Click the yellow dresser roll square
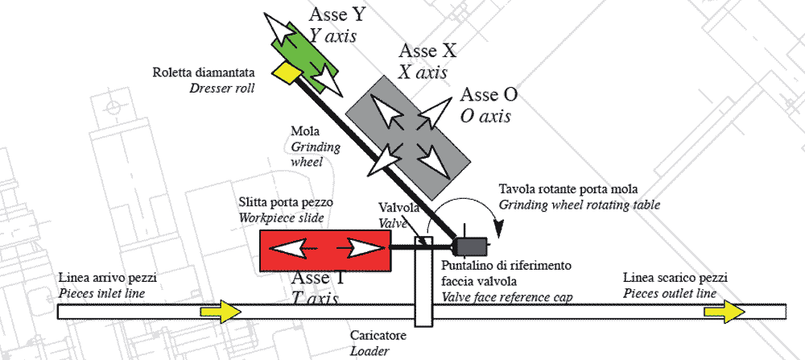tap(286, 72)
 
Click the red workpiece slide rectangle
tap(325, 250)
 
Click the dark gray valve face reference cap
tap(467, 246)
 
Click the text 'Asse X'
tap(427, 52)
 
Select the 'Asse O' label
tap(489, 95)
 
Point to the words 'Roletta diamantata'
tap(204, 73)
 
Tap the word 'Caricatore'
tap(378, 335)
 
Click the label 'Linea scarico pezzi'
tap(673, 278)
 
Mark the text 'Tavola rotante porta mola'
tap(568, 189)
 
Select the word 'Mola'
tap(303, 131)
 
